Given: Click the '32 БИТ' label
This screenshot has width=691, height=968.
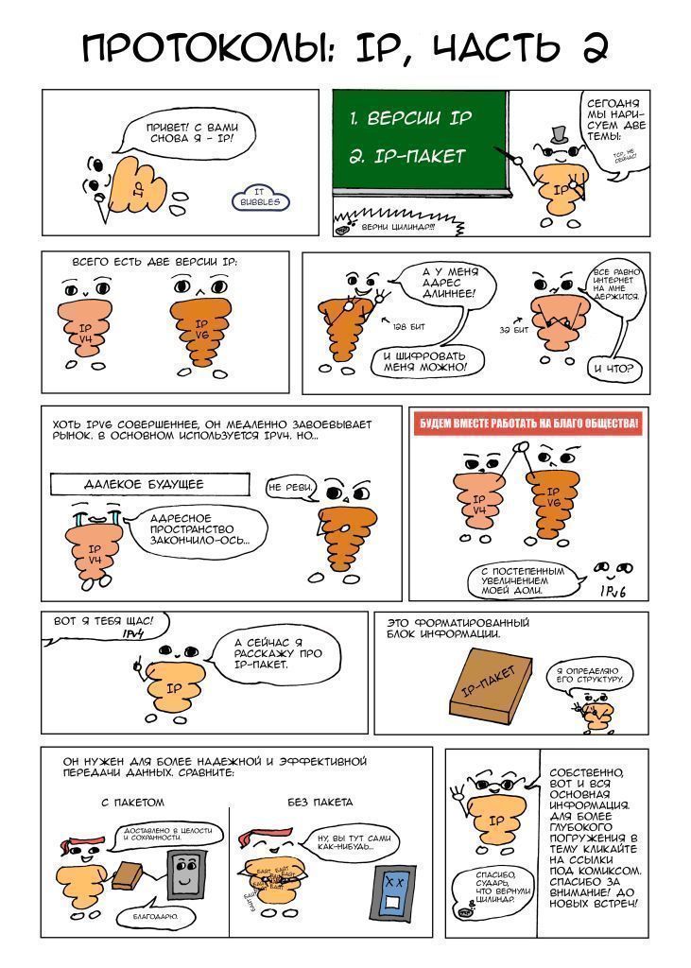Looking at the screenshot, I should (514, 329).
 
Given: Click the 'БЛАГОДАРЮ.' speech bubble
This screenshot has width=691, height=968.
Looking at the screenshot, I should (150, 915).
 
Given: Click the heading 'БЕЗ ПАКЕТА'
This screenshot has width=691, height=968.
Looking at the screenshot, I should (320, 803).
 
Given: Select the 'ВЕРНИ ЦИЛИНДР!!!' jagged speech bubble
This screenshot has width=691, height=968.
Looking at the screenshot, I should (400, 226).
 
